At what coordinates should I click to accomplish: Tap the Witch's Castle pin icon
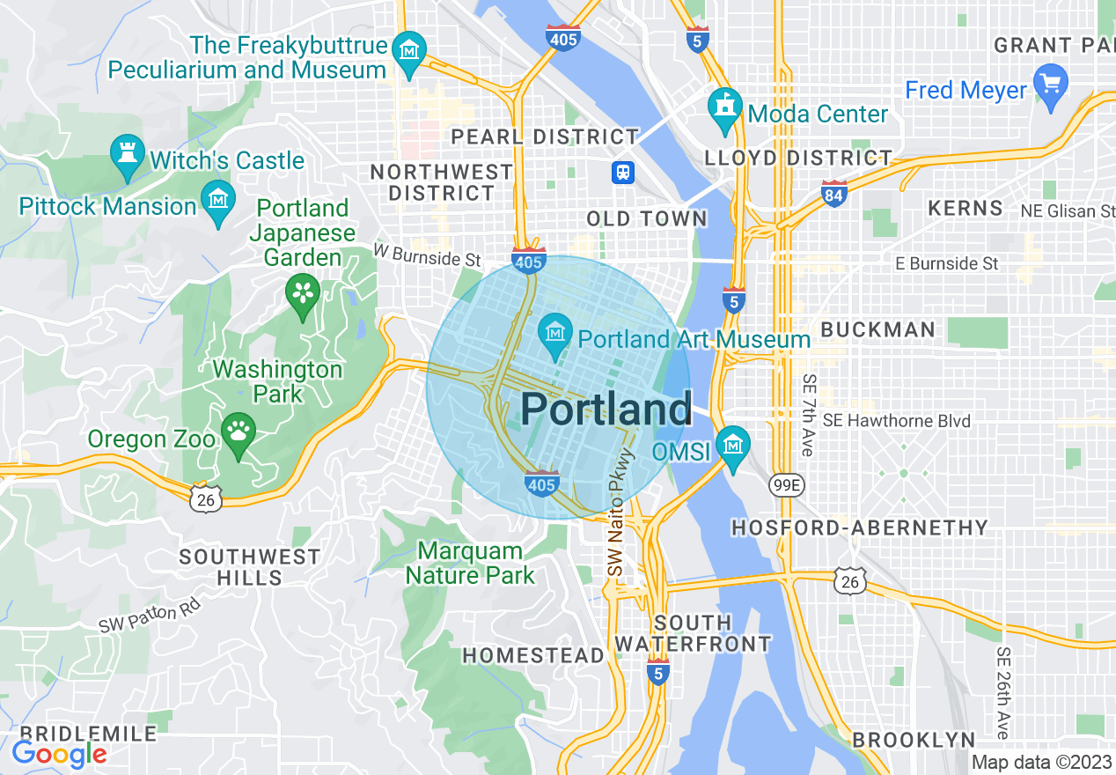(127, 153)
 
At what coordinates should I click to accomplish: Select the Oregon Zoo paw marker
(238, 432)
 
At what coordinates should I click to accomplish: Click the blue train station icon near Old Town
(623, 172)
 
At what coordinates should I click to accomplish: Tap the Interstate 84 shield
(833, 194)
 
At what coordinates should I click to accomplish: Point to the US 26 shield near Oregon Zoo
(205, 498)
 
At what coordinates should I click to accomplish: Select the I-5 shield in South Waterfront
(657, 671)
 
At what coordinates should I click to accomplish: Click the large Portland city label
(606, 410)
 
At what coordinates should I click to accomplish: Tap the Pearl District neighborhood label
(545, 137)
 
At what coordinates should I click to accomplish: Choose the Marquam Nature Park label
(470, 564)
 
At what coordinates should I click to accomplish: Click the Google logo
(59, 753)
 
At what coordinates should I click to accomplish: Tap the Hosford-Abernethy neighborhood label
(860, 528)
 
